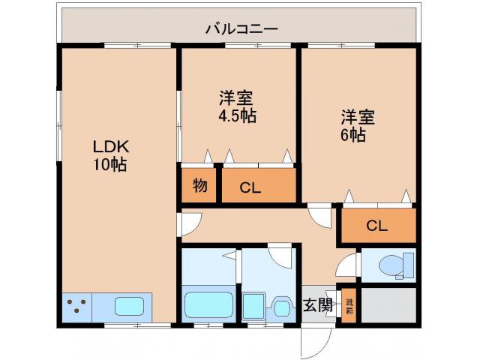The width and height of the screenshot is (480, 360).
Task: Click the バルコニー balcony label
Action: coord(241,29)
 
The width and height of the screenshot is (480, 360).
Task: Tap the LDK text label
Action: coord(106,146)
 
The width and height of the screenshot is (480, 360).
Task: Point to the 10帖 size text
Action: coord(109,165)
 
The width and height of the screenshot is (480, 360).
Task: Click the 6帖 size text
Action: coord(354,136)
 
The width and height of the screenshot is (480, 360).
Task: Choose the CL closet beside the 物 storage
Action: coord(257,187)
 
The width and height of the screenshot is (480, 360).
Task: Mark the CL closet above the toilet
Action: coord(377,226)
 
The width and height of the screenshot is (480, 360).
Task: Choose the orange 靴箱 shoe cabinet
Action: coord(349,306)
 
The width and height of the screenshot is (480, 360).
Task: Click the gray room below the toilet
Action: coord(388,305)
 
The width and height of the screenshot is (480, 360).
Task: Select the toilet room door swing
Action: coord(348,266)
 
